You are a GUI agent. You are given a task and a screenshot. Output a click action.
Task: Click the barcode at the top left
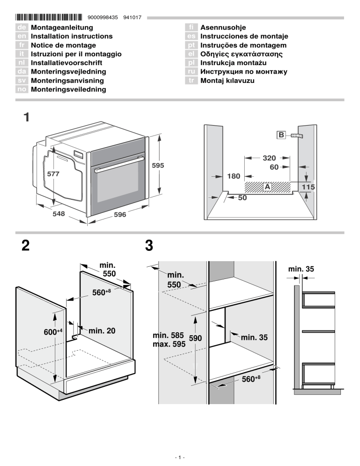pyautogui.click(x=50, y=18)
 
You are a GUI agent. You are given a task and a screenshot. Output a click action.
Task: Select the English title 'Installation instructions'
pyautogui.click(x=71, y=36)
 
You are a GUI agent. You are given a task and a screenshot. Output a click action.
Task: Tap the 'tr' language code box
pyautogui.click(x=190, y=81)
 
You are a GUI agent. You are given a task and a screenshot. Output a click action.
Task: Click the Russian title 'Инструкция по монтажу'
pyautogui.click(x=244, y=72)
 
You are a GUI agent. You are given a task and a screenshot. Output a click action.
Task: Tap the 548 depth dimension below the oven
pyautogui.click(x=58, y=214)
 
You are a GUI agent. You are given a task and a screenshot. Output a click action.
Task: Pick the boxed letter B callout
pyautogui.click(x=280, y=135)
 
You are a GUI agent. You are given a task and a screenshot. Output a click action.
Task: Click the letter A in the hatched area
pyautogui.click(x=267, y=187)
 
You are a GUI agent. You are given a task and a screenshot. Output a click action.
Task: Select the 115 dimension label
pyautogui.click(x=308, y=187)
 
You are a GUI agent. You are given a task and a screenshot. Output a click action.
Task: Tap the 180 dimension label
pyautogui.click(x=233, y=176)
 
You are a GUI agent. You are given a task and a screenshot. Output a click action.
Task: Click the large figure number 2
pyautogui.click(x=27, y=245)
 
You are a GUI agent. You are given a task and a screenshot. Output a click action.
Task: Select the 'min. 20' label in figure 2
pyautogui.click(x=102, y=331)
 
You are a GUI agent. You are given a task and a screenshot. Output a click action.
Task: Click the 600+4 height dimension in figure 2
pyautogui.click(x=53, y=333)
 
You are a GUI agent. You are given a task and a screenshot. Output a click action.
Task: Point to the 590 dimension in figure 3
pyautogui.click(x=195, y=338)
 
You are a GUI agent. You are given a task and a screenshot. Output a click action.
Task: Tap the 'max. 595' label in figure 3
pyautogui.click(x=169, y=344)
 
